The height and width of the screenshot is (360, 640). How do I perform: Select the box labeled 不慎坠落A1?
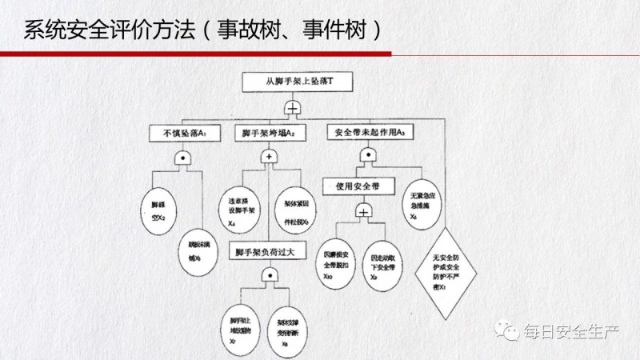point(174,133)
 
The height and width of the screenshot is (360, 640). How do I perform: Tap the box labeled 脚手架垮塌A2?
point(269,133)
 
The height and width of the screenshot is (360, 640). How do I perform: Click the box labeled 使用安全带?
point(362,186)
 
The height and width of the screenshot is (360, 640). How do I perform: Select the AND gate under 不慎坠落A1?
point(183,159)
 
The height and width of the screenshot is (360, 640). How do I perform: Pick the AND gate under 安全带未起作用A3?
point(367,158)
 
